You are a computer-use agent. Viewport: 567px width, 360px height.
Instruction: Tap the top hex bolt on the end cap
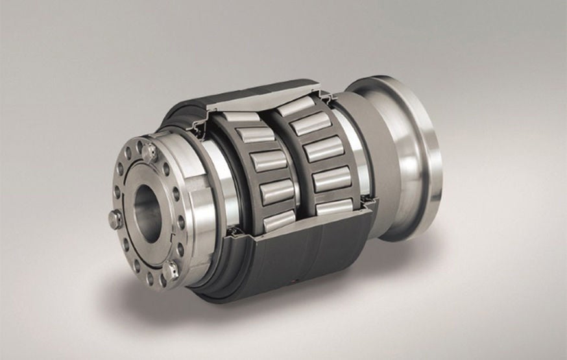pyautogui.click(x=150, y=153)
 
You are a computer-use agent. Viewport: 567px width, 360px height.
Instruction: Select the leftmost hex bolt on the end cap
pyautogui.click(x=115, y=219)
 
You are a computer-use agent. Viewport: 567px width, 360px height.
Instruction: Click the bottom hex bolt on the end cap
pyautogui.click(x=171, y=269)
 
